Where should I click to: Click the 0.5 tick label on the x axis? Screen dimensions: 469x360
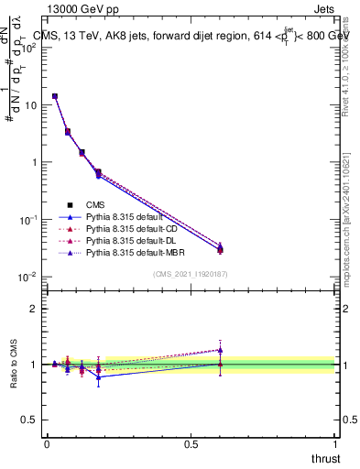(x=191, y=443)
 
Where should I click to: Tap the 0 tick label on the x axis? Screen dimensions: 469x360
(x=47, y=443)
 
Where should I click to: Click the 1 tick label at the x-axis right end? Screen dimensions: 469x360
(x=335, y=443)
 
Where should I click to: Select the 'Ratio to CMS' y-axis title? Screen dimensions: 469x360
(x=15, y=365)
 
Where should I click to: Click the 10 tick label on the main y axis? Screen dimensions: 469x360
(x=31, y=105)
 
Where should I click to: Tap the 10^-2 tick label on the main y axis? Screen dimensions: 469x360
(x=28, y=278)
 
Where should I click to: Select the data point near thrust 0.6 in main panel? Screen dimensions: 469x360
(x=220, y=248)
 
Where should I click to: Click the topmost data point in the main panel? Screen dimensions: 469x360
(x=55, y=96)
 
